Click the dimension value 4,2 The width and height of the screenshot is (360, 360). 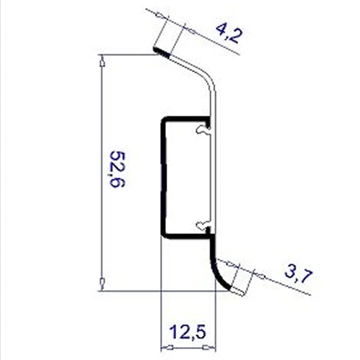click(x=229, y=33)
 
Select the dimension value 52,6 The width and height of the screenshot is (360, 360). click(x=117, y=169)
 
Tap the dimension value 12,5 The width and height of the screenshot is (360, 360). click(x=187, y=332)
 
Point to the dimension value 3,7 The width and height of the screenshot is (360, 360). click(x=299, y=276)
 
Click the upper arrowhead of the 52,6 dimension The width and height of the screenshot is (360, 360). click(x=102, y=61)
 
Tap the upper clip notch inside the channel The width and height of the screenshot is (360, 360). click(x=203, y=129)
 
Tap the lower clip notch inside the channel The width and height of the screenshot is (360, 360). click(x=203, y=224)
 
